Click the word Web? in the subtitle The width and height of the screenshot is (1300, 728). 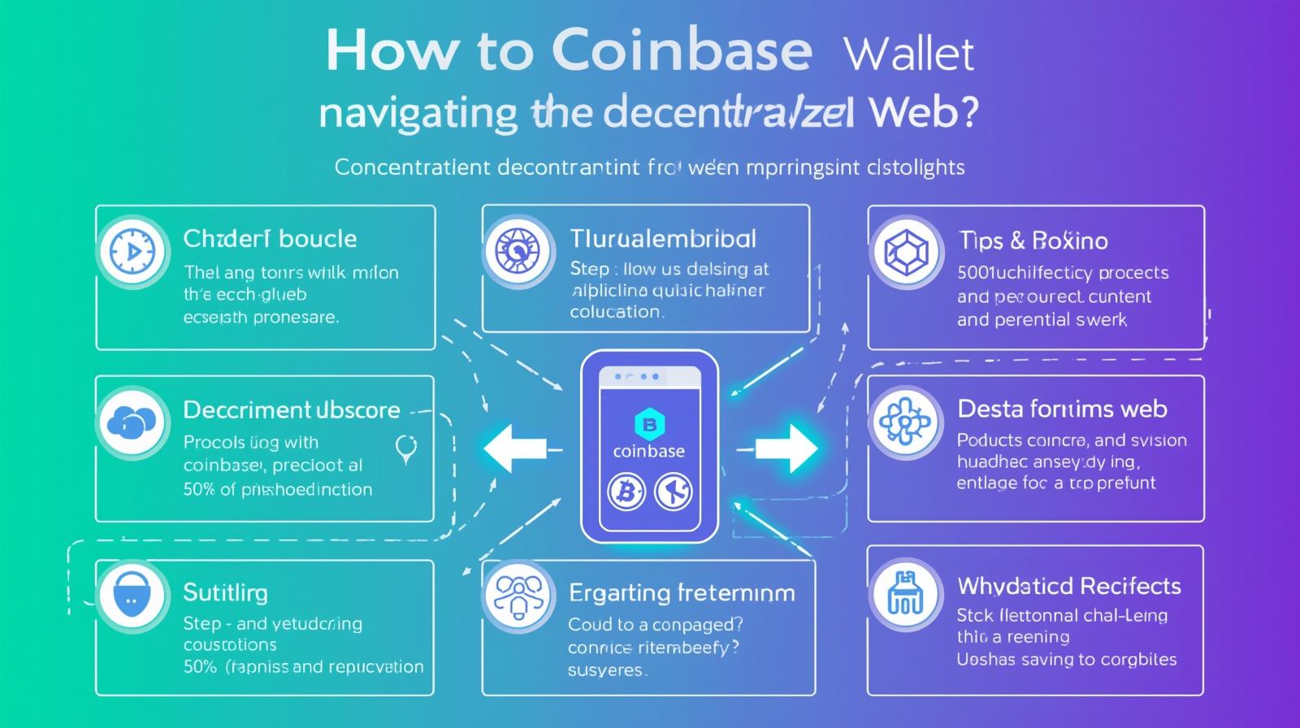(922, 114)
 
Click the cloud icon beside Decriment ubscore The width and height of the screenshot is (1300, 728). (131, 421)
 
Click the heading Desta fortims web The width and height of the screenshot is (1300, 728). (1062, 409)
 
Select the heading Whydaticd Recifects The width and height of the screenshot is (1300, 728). (1068, 586)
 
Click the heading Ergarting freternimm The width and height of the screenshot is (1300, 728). (682, 592)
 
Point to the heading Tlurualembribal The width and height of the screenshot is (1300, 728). (663, 239)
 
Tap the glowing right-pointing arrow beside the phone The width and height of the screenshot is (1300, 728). (786, 448)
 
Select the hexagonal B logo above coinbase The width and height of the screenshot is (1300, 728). (648, 423)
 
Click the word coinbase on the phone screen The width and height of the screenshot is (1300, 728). (648, 451)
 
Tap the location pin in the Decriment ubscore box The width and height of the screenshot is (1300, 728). (405, 448)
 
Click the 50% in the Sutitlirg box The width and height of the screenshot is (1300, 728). (200, 667)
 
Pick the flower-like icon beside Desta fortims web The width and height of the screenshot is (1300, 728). (903, 422)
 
